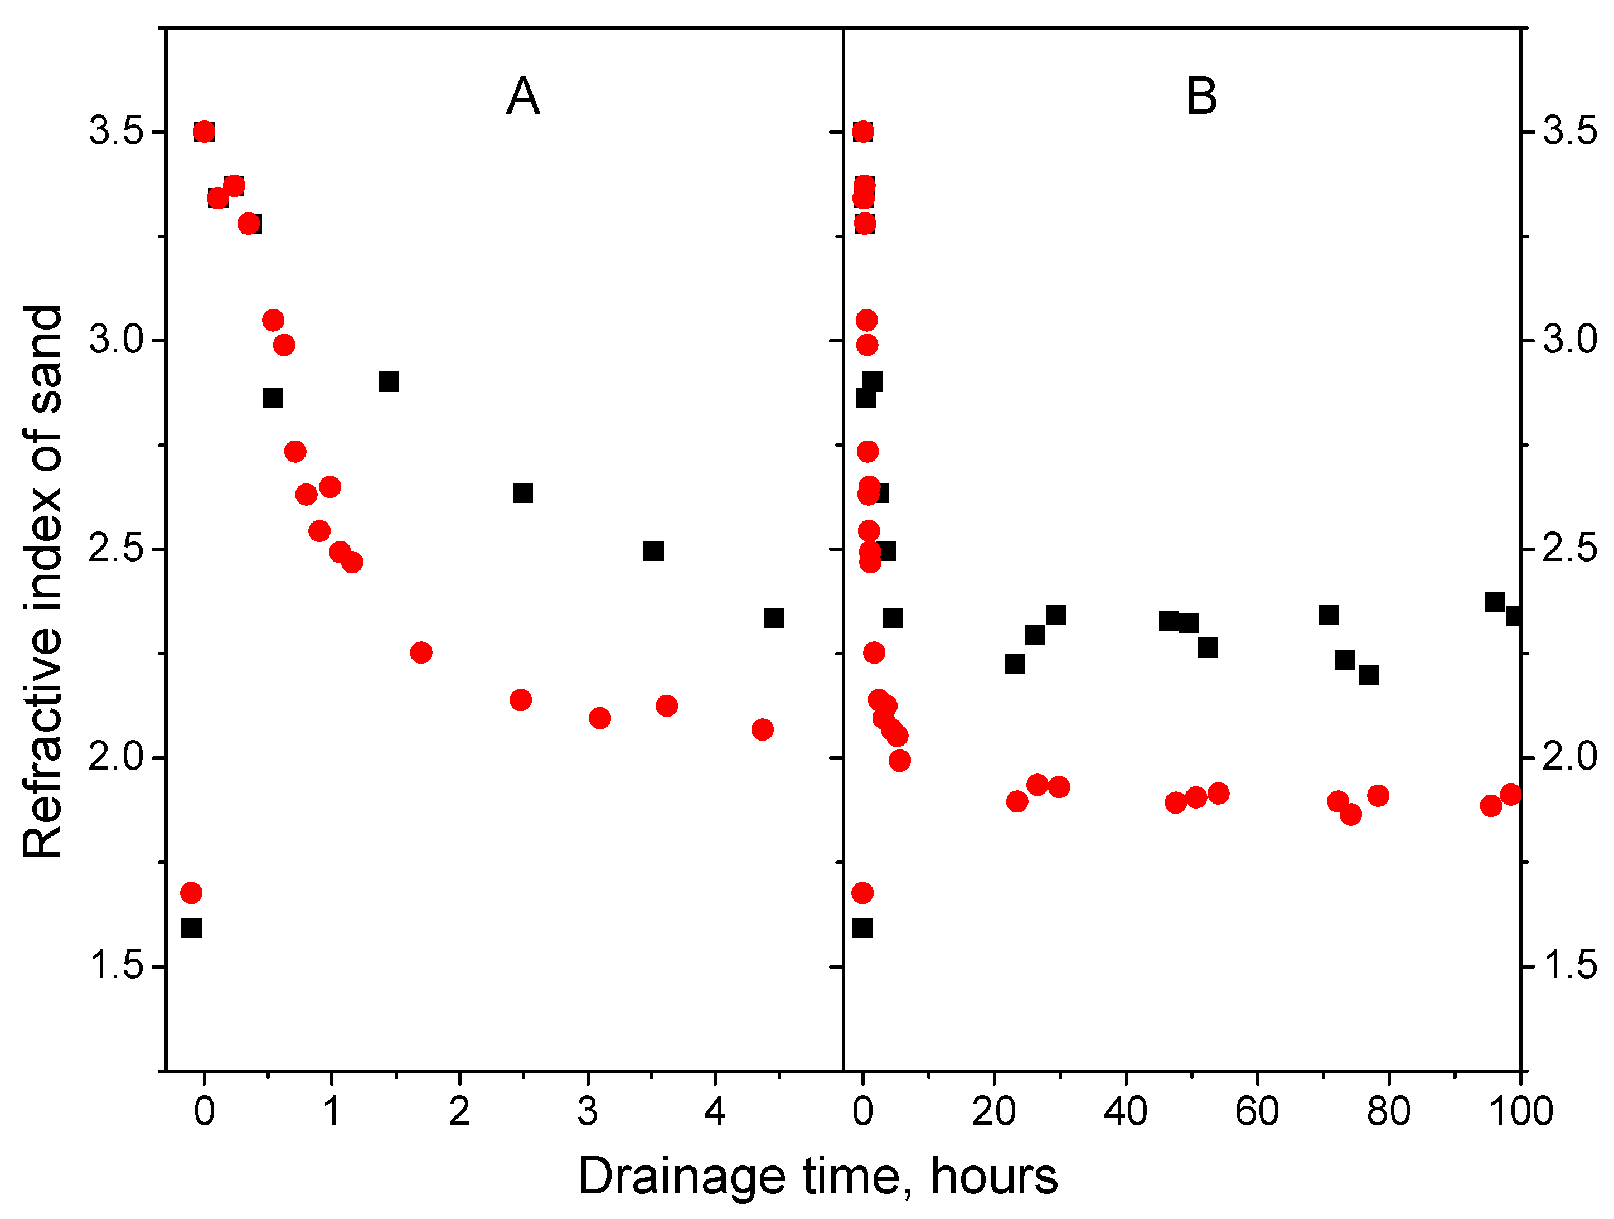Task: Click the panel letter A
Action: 522,96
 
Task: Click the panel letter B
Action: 1201,96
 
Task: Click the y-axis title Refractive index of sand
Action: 42,581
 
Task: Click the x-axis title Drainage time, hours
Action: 817,1176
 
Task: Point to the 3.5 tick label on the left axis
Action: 115,132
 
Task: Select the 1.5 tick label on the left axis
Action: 115,966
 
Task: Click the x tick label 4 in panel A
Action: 714,1111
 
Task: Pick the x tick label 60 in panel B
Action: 1257,1111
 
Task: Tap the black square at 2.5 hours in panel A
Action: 522,494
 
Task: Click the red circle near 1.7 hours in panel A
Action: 421,652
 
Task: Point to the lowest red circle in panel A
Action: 191,892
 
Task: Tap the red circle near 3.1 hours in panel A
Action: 600,718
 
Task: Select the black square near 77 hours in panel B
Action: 1369,674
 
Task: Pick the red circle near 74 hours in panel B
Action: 1351,814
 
